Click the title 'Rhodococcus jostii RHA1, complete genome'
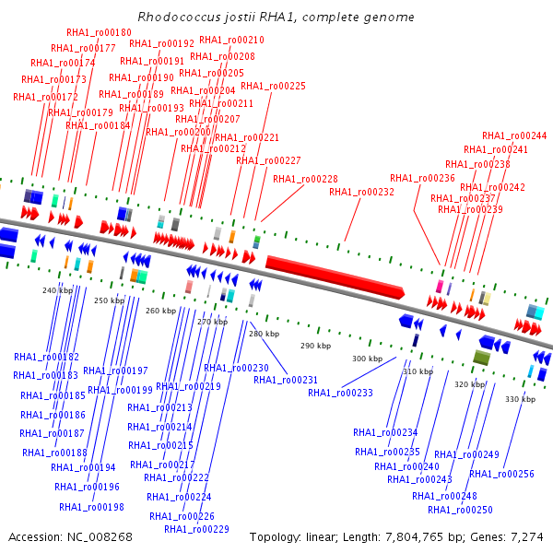click(x=276, y=18)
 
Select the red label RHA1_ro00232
click(x=361, y=192)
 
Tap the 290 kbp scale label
click(x=315, y=346)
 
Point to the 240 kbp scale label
click(x=57, y=290)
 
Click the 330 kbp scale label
click(x=520, y=399)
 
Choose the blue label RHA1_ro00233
click(x=340, y=393)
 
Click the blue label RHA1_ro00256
click(x=501, y=474)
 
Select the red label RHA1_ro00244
click(x=514, y=135)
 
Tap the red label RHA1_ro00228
click(x=305, y=179)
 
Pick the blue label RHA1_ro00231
click(x=286, y=380)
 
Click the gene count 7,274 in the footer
click(x=527, y=536)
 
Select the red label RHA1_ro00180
click(x=99, y=33)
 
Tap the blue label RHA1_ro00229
click(x=196, y=529)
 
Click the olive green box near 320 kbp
click(x=480, y=358)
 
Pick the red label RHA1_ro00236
click(x=422, y=178)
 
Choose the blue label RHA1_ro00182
click(x=46, y=357)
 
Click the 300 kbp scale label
click(x=367, y=359)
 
